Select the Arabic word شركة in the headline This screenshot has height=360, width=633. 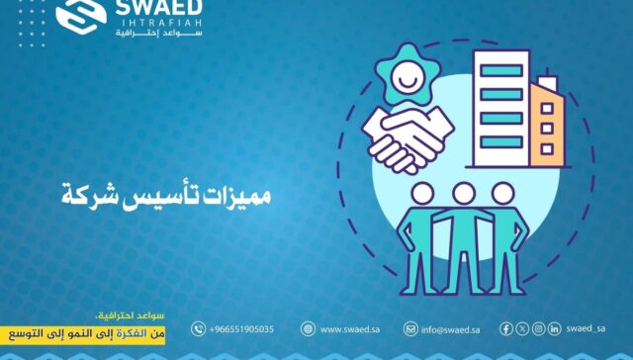91,192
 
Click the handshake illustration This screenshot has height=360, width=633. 407,138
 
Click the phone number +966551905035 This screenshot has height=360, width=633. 242,328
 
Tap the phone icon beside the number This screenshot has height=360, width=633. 198,328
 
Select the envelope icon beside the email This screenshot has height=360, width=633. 410,328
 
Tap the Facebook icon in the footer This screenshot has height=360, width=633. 506,328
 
